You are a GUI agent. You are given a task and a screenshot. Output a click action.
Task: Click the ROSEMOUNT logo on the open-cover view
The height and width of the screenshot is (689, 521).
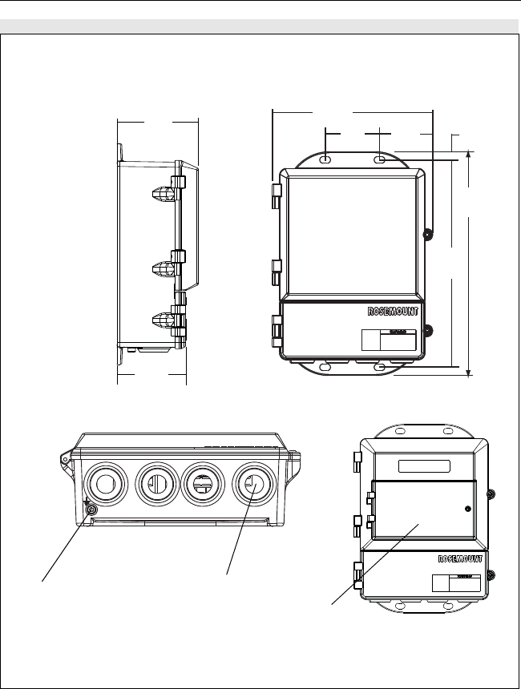tap(460, 558)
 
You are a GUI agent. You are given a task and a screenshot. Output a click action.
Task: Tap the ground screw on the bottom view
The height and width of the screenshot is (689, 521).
tap(91, 510)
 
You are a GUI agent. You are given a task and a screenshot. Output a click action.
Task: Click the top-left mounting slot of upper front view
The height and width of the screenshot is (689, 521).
tap(325, 161)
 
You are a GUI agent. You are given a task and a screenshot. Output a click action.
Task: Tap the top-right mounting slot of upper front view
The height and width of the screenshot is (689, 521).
tap(381, 161)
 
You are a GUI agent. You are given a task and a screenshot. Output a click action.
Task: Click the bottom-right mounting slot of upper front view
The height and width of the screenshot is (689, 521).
tap(381, 367)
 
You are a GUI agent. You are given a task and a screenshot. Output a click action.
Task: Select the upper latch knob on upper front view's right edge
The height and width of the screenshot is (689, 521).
tap(428, 235)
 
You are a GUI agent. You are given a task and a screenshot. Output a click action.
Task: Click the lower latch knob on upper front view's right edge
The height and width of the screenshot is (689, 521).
tap(428, 331)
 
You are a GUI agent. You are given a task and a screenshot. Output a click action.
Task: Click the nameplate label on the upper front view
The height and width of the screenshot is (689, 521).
tap(389, 340)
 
